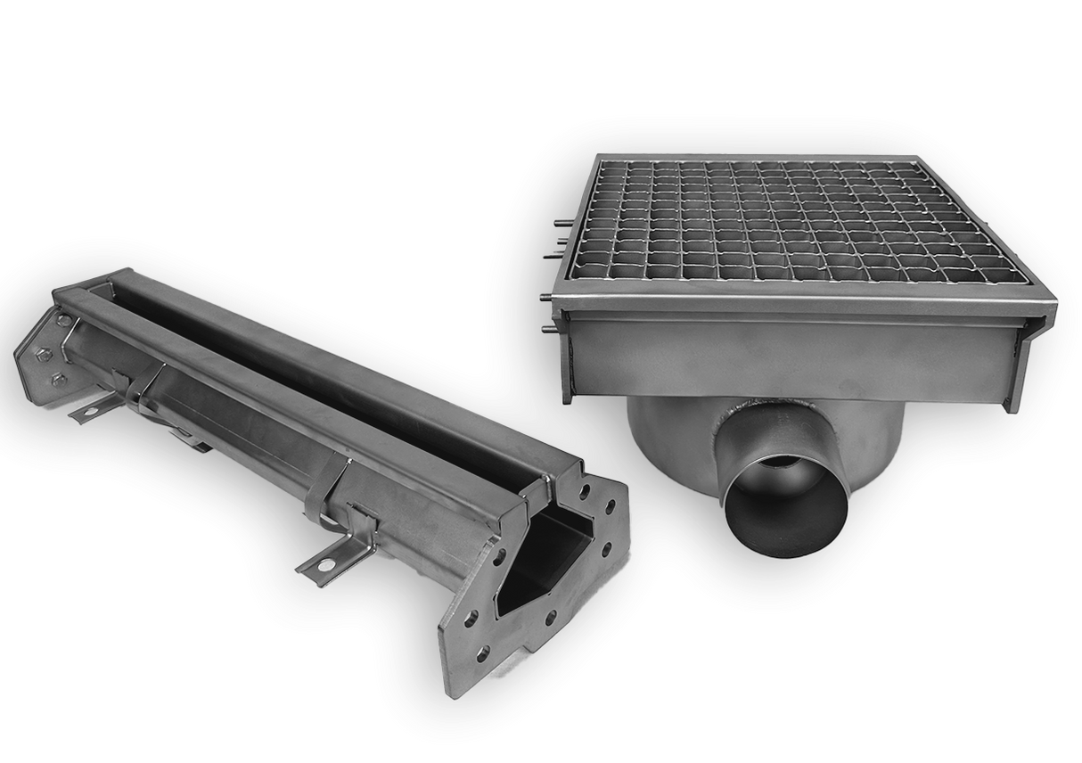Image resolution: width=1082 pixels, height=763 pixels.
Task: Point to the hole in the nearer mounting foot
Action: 327,564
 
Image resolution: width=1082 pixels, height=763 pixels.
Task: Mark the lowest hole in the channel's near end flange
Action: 482,654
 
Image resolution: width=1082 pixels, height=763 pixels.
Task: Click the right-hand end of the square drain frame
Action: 1034,357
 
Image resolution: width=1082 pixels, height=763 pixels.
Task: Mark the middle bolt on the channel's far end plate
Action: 41,353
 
